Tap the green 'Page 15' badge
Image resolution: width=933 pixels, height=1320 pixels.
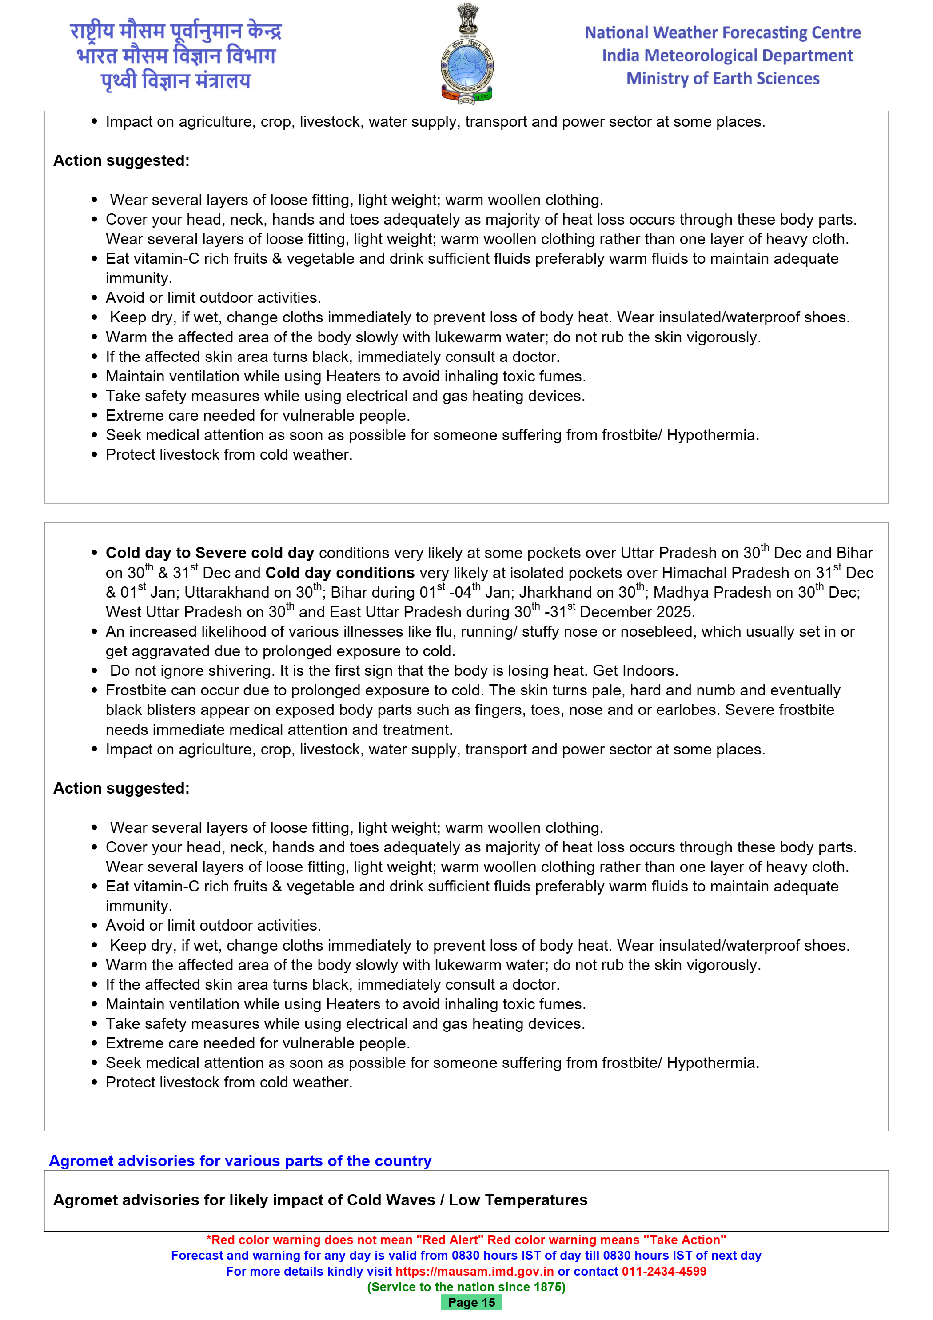tap(471, 1303)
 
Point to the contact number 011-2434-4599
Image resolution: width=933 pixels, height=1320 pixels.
tap(664, 1271)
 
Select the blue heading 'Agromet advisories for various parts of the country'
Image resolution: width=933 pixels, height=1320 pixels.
tap(240, 1161)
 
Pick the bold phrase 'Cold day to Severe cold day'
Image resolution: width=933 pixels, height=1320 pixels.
tap(210, 553)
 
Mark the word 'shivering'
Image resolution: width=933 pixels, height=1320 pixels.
tap(239, 671)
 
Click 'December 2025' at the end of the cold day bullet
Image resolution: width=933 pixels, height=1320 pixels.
tap(637, 612)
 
